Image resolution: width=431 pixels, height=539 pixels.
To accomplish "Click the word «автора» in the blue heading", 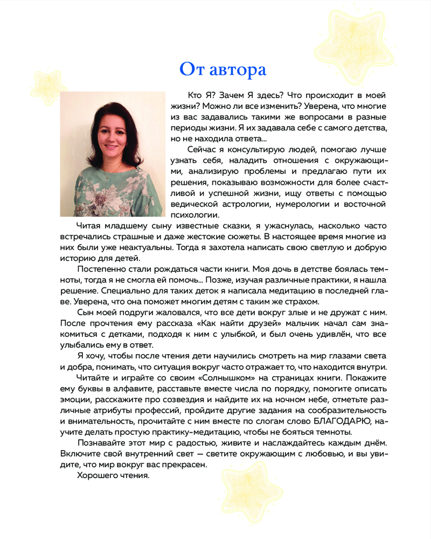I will (237, 70).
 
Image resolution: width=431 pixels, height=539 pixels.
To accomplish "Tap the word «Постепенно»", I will (103, 268).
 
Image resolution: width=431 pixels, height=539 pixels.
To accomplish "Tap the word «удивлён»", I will (327, 335).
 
